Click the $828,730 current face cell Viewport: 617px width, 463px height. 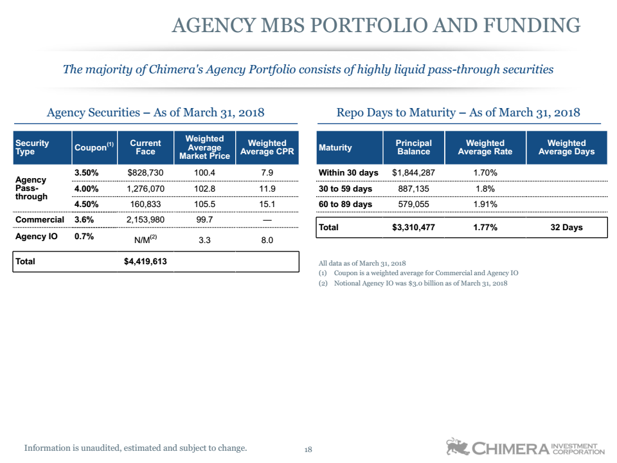[x=145, y=173]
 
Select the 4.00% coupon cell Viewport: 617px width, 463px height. [x=86, y=188]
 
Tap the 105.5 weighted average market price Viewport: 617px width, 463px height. [x=204, y=204]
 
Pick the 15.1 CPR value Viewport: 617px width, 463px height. [x=267, y=204]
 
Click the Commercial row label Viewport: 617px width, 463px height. [x=39, y=220]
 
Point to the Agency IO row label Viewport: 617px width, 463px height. [x=36, y=236]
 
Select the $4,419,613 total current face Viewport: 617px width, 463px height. [x=145, y=262]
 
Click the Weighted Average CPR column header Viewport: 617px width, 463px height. [x=267, y=147]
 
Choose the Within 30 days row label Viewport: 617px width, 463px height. [x=348, y=173]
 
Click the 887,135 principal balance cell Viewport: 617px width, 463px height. [x=413, y=188]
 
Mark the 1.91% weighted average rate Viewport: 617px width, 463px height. [x=485, y=204]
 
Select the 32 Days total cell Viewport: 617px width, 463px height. [x=566, y=227]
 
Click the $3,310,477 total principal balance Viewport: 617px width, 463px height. [x=413, y=227]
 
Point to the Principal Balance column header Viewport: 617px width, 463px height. [x=413, y=147]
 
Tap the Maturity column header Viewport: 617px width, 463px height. [x=335, y=148]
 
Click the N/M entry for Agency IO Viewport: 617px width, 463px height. [x=145, y=240]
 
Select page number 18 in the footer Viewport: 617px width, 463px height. [x=308, y=449]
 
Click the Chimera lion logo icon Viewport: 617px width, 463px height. [x=457, y=446]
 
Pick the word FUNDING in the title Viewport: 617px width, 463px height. [x=532, y=25]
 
